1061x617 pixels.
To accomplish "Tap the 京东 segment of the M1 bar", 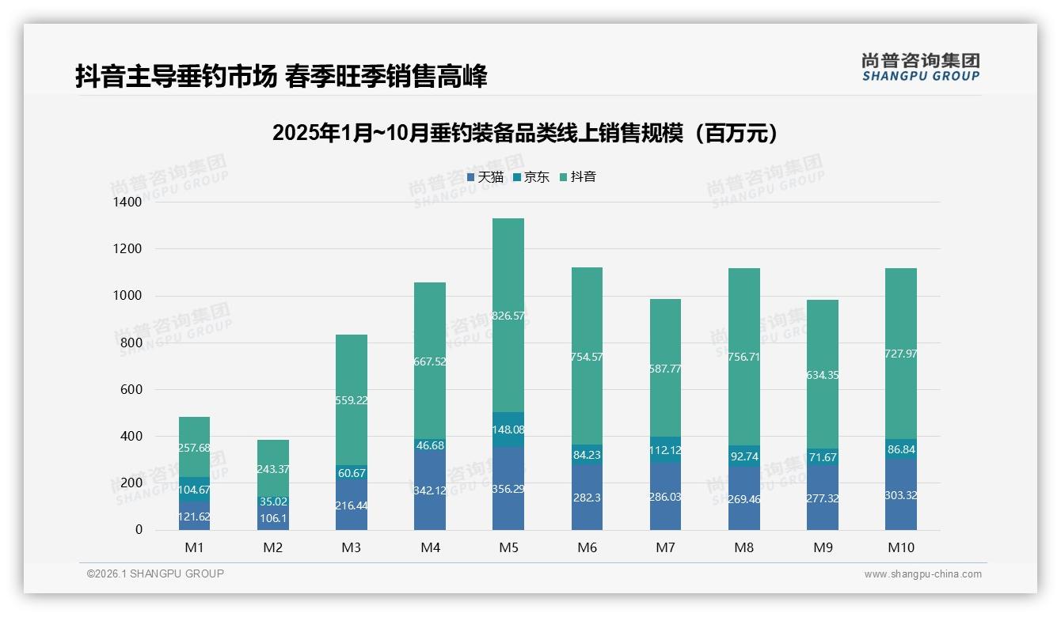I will (194, 489).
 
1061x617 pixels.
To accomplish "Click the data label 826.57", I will (508, 316).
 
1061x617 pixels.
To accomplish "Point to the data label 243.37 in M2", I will (273, 470).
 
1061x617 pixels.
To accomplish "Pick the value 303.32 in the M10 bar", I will (901, 495).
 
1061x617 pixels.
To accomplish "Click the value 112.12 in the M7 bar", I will (665, 450).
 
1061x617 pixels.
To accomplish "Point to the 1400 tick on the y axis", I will (127, 203).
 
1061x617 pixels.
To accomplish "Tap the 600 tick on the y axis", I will (131, 389).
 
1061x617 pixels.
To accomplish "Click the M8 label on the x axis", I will (743, 547).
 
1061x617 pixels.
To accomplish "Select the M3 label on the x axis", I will (352, 547).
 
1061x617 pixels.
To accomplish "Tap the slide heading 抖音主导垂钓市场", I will (281, 76).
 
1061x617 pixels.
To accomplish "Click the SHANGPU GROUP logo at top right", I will (920, 67).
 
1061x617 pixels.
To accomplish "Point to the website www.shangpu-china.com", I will (922, 574).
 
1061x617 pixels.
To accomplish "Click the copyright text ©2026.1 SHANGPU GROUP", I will (155, 573).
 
